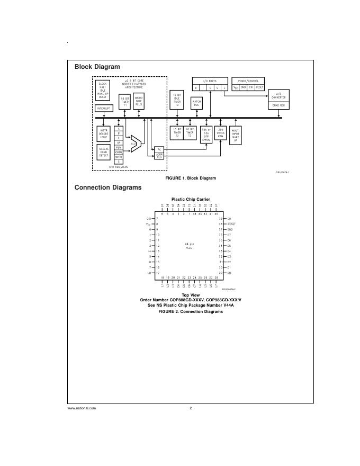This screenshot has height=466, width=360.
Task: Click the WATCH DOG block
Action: pos(196,103)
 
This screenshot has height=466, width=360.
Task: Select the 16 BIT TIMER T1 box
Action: pos(125,101)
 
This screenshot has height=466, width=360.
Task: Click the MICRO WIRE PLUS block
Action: pos(139,101)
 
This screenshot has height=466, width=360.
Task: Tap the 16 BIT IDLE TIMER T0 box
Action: pos(177,100)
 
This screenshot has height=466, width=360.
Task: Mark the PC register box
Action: pos(159,150)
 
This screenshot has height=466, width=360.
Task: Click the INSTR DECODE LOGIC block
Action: pos(103,132)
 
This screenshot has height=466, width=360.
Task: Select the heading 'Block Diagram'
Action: pos(97,67)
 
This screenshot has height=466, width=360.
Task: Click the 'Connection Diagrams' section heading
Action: pos(107,187)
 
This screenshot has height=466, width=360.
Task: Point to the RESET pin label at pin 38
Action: pos(231,224)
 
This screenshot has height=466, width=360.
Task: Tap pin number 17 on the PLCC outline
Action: pos(158,273)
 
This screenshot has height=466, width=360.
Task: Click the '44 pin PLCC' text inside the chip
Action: pos(189,246)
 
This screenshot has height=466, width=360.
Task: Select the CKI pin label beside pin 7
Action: pos(149,219)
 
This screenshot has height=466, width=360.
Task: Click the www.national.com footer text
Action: pos(82,408)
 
